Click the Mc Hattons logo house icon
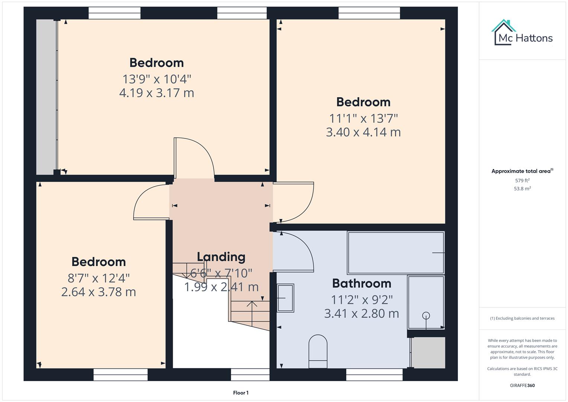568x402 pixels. pyautogui.click(x=504, y=32)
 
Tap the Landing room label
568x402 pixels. pyautogui.click(x=221, y=257)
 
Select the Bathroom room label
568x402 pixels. pyautogui.click(x=362, y=283)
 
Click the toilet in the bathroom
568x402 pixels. pyautogui.click(x=318, y=351)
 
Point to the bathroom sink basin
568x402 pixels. pyautogui.click(x=285, y=298)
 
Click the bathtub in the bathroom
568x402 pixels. pyautogui.click(x=395, y=253)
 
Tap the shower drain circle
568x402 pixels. pyautogui.click(x=426, y=316)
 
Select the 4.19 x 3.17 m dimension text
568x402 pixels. pyautogui.click(x=157, y=93)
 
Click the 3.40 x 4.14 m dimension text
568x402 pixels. pyautogui.click(x=363, y=132)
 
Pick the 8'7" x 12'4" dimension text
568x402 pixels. pyautogui.click(x=99, y=278)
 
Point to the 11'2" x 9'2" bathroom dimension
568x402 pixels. pyautogui.click(x=362, y=300)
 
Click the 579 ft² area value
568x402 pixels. pyautogui.click(x=522, y=181)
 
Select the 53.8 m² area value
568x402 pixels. pyautogui.click(x=522, y=189)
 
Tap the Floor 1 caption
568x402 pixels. pyautogui.click(x=241, y=393)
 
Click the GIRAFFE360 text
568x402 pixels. pyautogui.click(x=522, y=385)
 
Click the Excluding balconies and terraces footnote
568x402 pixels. pyautogui.click(x=522, y=318)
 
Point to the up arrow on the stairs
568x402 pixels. pyautogui.click(x=252, y=309)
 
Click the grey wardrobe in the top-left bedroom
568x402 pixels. pyautogui.click(x=46, y=97)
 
